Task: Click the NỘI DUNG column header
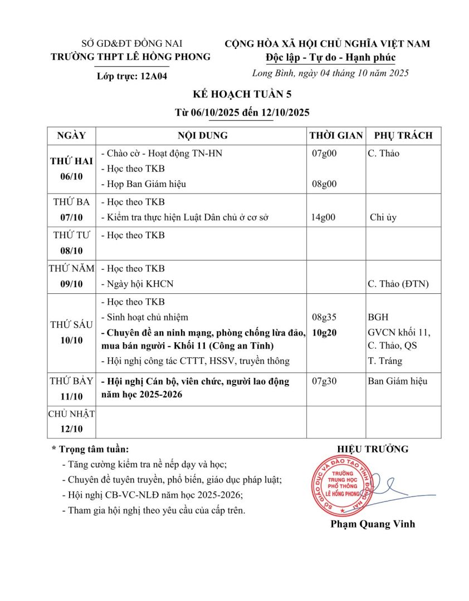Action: click(x=202, y=135)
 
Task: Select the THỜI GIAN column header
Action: click(x=336, y=135)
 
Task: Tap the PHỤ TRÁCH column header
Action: click(x=403, y=135)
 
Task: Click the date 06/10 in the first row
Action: click(x=71, y=176)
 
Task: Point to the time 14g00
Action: click(x=324, y=218)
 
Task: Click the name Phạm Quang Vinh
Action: click(x=373, y=524)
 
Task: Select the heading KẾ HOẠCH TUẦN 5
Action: click(x=234, y=94)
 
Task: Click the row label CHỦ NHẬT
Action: click(x=71, y=413)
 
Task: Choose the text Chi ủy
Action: click(x=383, y=218)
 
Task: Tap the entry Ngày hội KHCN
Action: click(x=137, y=284)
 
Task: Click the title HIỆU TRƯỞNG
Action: click(x=373, y=449)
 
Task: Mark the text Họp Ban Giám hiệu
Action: click(x=144, y=184)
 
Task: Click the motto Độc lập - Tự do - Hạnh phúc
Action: click(x=330, y=58)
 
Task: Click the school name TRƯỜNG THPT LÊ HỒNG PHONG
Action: click(x=130, y=57)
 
